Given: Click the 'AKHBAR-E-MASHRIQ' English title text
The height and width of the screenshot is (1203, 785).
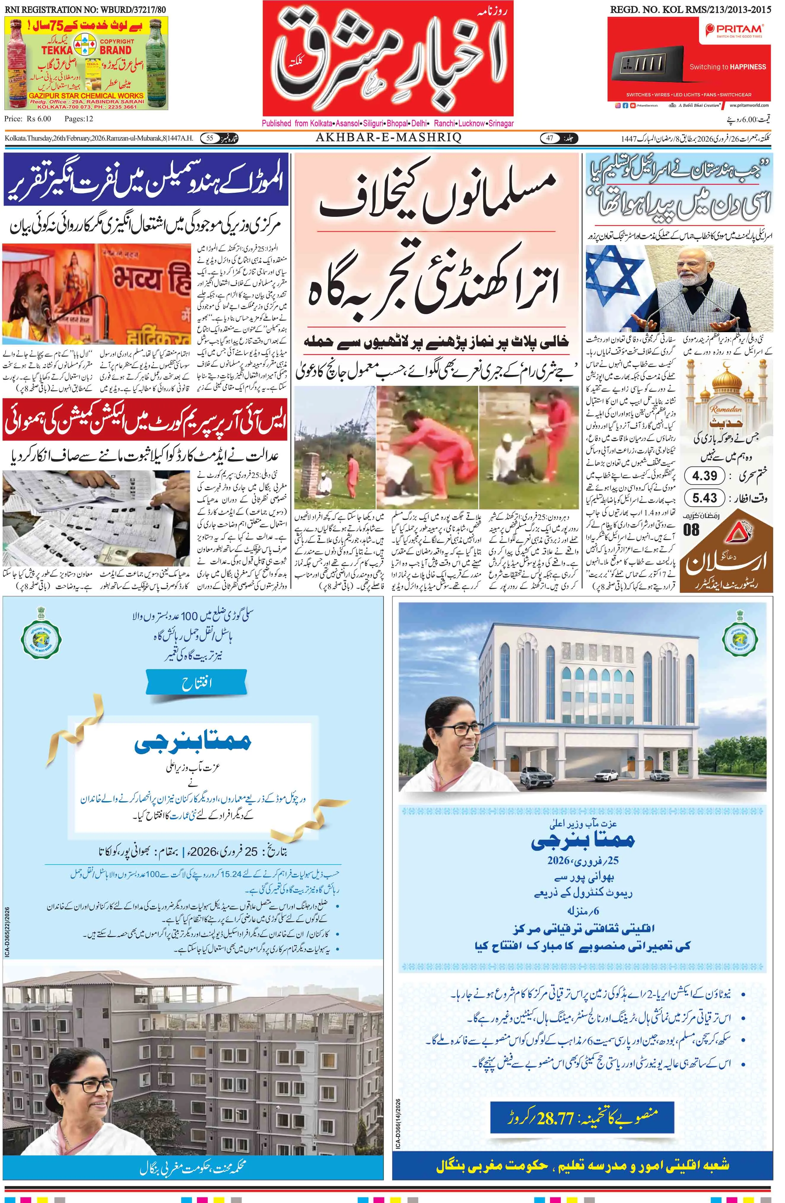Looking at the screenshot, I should pyautogui.click(x=388, y=138).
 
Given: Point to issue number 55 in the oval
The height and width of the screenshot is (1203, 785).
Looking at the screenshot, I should pyautogui.click(x=209, y=138).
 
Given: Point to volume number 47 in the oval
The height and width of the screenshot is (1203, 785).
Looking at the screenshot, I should pyautogui.click(x=549, y=138).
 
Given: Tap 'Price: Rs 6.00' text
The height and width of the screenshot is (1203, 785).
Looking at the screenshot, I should pyautogui.click(x=28, y=119).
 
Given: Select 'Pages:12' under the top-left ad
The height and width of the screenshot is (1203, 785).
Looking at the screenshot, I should pyautogui.click(x=79, y=119).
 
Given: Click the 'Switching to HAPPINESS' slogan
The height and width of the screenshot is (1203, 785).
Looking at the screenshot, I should pyautogui.click(x=727, y=67).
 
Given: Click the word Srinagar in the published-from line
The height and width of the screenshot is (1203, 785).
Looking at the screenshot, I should pyautogui.click(x=500, y=123).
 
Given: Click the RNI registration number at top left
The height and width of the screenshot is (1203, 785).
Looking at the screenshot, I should pyautogui.click(x=85, y=9).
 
